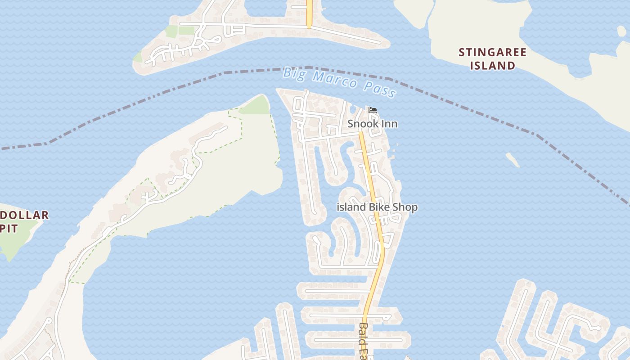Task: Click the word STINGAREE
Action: [x=492, y=53]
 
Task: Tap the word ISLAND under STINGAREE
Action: [x=492, y=66]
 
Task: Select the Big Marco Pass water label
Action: [x=340, y=81]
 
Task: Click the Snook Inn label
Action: [x=372, y=124]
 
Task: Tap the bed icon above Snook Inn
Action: [x=372, y=110]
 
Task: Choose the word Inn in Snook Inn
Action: [x=389, y=124]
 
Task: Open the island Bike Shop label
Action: [x=377, y=207]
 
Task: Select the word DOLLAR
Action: [x=24, y=215]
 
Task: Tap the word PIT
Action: [x=9, y=229]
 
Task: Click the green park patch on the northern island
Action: [x=180, y=31]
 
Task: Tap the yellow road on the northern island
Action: [x=309, y=13]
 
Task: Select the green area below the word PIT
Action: [x=13, y=245]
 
